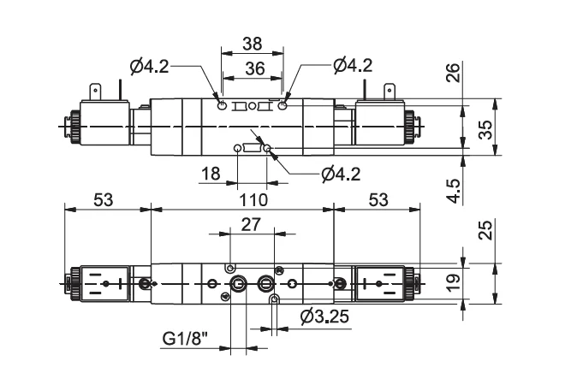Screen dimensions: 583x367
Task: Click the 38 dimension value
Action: click(252, 44)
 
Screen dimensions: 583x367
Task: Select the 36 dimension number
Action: click(255, 68)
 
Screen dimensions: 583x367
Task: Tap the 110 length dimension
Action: click(253, 200)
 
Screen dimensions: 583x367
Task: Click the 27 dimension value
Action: click(251, 225)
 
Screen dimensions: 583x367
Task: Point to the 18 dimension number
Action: click(211, 174)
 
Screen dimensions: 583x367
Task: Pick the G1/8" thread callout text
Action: click(185, 339)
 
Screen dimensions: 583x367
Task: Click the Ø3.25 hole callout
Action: click(325, 317)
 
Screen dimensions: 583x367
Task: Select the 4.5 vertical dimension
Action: click(453, 191)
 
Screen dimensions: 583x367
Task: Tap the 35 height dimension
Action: click(485, 130)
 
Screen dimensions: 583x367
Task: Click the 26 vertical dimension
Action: click(453, 73)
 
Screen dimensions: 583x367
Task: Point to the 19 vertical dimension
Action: click(453, 283)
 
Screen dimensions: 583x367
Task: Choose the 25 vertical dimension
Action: click(485, 230)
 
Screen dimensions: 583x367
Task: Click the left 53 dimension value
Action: click(103, 200)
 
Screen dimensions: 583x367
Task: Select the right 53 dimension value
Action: click(378, 200)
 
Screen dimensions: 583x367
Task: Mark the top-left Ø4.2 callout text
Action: click(150, 67)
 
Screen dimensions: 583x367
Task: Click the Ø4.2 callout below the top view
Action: click(341, 175)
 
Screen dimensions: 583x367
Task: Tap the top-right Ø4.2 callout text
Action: click(353, 66)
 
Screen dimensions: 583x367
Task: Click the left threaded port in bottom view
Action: click(237, 285)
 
